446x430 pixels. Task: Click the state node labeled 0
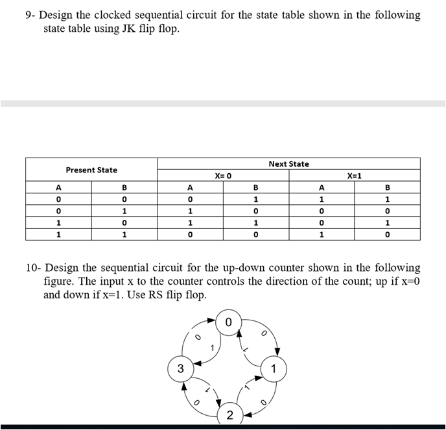tap(228, 322)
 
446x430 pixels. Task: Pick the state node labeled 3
tap(181, 368)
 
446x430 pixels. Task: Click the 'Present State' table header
tap(91, 170)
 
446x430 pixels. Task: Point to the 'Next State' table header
tap(288, 164)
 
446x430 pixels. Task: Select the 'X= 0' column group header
tap(223, 176)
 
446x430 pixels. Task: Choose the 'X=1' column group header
tap(355, 176)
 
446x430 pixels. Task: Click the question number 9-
tap(30, 15)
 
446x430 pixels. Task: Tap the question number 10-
tap(33, 267)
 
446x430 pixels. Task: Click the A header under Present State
tap(59, 187)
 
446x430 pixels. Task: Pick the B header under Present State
tap(124, 187)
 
